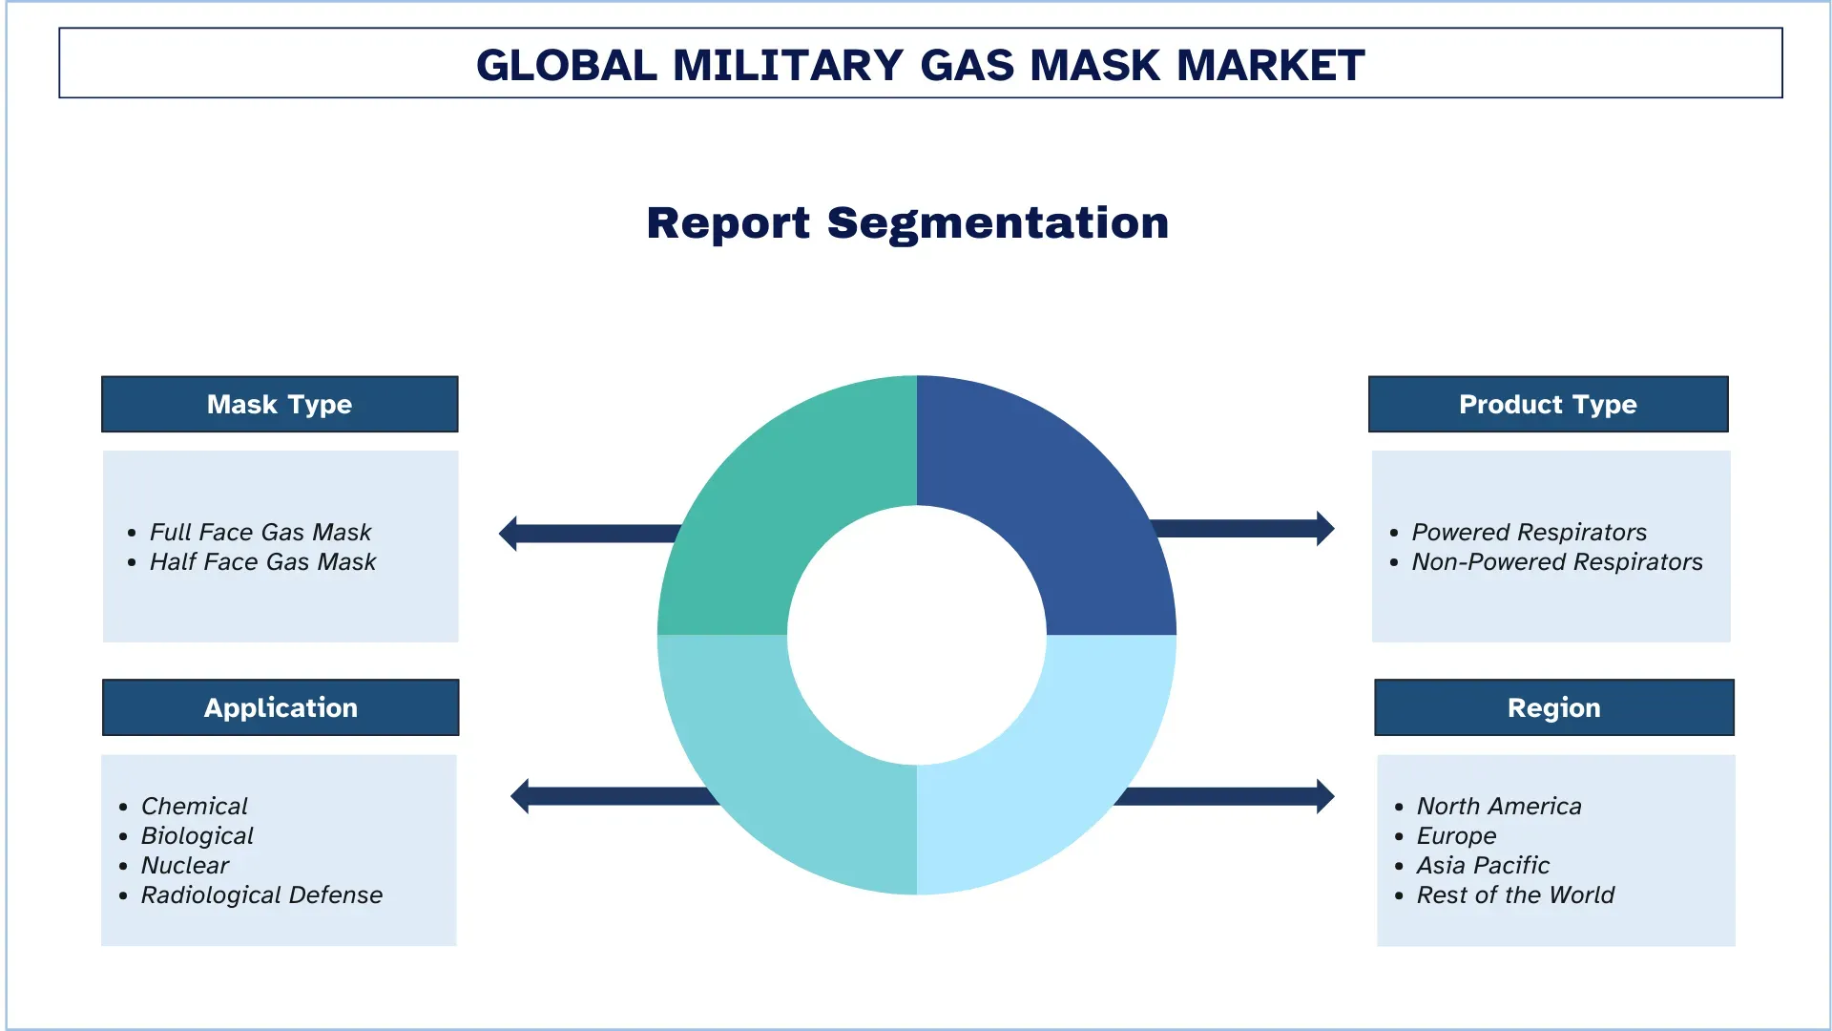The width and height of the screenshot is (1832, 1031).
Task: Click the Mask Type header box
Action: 280,404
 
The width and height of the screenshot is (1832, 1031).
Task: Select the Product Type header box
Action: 1548,404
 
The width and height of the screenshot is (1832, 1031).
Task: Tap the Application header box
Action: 281,707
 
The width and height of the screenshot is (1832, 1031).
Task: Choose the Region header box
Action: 1554,707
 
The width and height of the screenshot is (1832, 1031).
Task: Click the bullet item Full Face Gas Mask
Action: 260,532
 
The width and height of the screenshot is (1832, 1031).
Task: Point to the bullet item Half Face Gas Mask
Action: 262,561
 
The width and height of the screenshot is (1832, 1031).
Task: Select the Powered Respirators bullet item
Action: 1530,532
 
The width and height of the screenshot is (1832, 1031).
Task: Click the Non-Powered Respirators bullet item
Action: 1557,561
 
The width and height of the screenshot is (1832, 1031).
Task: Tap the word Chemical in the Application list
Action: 195,806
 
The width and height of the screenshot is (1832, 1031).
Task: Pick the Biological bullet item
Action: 198,835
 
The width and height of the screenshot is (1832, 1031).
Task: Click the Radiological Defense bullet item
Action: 261,894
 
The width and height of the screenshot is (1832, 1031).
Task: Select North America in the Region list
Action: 1499,806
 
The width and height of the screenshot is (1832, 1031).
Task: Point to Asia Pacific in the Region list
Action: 1483,865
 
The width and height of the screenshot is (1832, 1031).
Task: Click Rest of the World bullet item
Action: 1515,894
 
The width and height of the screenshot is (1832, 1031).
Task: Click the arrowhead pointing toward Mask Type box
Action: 508,534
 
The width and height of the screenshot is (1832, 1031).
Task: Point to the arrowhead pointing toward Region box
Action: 1325,796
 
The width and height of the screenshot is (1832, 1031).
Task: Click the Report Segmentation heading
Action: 907,223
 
